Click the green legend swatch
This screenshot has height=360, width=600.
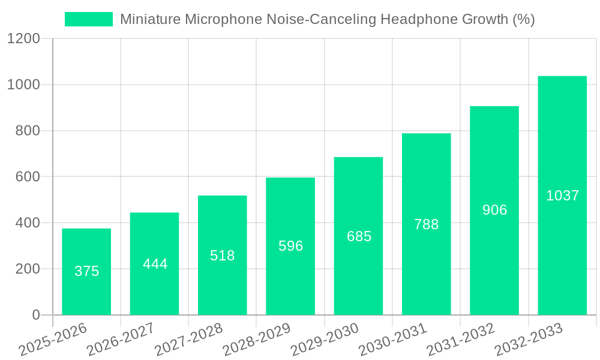pyautogui.click(x=88, y=19)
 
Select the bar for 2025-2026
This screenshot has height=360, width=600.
pyautogui.click(x=86, y=271)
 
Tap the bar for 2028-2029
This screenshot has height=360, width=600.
pyautogui.click(x=290, y=246)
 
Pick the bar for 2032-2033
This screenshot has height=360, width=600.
pyautogui.click(x=562, y=196)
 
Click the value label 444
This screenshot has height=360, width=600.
pyautogui.click(x=155, y=264)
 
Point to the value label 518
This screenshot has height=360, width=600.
pyautogui.click(x=223, y=256)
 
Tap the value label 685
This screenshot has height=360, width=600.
pyautogui.click(x=359, y=236)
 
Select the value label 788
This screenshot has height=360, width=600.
pyautogui.click(x=427, y=224)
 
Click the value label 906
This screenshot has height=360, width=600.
pyautogui.click(x=494, y=210)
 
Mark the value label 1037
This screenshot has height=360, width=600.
pyautogui.click(x=562, y=196)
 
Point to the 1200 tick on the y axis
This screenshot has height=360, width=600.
pyautogui.click(x=23, y=39)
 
